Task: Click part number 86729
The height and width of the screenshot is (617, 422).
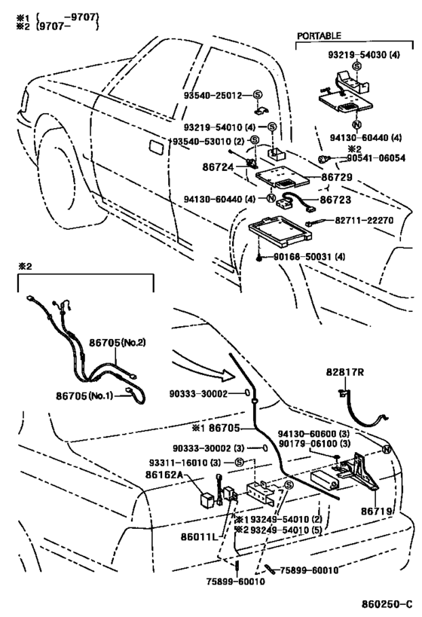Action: click(337, 177)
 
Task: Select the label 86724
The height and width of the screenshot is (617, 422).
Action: click(218, 167)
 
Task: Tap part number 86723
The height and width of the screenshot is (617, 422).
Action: click(335, 200)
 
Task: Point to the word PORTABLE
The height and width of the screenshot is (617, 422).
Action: click(319, 36)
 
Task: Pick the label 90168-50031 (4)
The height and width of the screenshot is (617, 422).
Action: click(310, 257)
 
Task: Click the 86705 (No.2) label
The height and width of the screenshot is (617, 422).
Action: click(118, 343)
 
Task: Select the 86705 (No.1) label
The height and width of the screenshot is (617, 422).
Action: click(84, 396)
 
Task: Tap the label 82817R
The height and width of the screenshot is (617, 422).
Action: click(345, 372)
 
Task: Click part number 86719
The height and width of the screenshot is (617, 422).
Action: click(377, 511)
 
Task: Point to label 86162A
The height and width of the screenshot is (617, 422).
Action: click(164, 475)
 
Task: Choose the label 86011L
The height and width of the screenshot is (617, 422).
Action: click(200, 536)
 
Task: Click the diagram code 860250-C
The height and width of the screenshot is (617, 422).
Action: click(387, 604)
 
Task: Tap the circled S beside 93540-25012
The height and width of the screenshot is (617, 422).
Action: click(258, 95)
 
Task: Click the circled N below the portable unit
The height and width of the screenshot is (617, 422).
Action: click(356, 125)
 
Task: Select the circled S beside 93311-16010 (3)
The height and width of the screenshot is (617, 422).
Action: click(240, 463)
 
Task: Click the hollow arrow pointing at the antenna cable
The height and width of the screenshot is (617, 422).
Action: click(204, 368)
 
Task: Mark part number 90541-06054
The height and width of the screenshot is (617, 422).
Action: click(376, 158)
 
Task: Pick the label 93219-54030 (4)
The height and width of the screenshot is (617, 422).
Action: click(364, 55)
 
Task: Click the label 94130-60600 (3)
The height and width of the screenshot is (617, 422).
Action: click(313, 434)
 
